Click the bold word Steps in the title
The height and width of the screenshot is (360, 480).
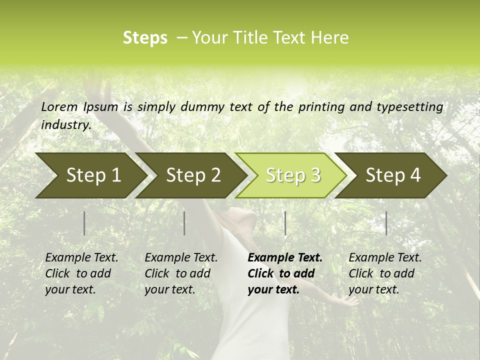145,38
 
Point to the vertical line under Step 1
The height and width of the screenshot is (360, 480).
84,223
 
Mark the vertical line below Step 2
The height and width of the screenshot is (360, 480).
184,223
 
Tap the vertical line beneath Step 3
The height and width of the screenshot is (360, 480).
285,223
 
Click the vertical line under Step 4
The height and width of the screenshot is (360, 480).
386,223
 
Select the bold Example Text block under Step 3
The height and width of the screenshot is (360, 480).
284,273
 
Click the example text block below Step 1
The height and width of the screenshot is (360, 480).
81,273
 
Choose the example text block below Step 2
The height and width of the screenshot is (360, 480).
181,273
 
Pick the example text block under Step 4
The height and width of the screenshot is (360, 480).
385,273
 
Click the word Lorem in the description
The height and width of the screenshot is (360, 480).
59,107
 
